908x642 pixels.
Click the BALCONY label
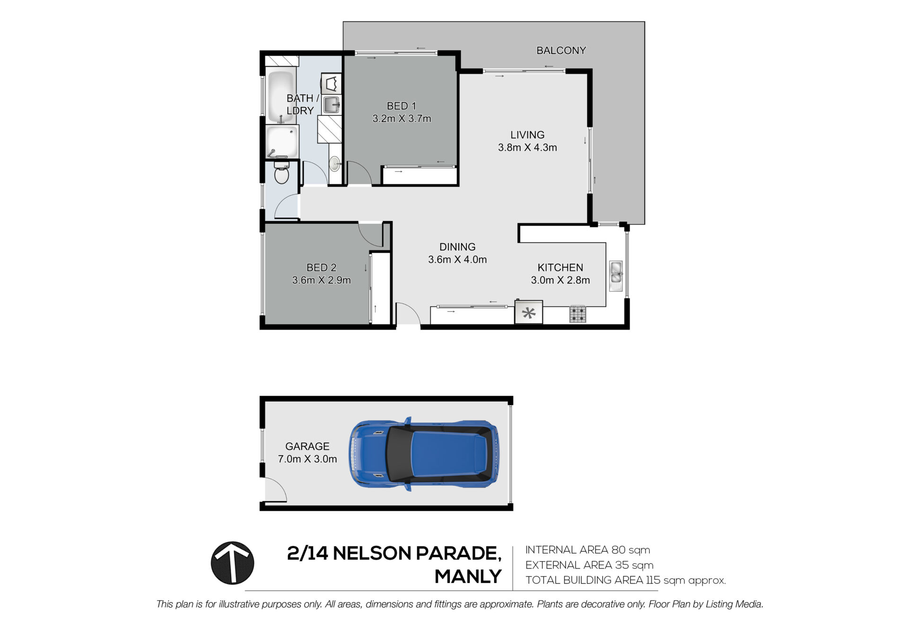coord(561,50)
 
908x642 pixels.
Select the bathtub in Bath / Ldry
coord(281,97)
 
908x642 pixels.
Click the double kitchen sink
coord(616,276)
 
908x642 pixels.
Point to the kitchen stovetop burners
coord(577,314)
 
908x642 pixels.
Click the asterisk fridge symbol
coord(529,313)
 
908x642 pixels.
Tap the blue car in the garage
coord(424,454)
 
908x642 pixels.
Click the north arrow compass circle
coord(232,563)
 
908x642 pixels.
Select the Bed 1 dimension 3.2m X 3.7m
coord(402,119)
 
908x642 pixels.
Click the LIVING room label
coord(527,135)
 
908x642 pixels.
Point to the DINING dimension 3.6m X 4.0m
coord(457,259)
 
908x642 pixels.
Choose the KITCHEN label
coord(560,267)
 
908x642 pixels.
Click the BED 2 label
coord(322,267)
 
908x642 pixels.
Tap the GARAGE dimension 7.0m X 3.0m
coord(307,459)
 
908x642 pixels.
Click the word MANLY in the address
coord(468,576)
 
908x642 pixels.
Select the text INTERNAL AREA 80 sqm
coord(587,550)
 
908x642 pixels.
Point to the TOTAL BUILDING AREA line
coord(625,580)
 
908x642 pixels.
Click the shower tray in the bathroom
coord(282,141)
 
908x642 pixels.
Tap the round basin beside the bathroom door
coord(335,164)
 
